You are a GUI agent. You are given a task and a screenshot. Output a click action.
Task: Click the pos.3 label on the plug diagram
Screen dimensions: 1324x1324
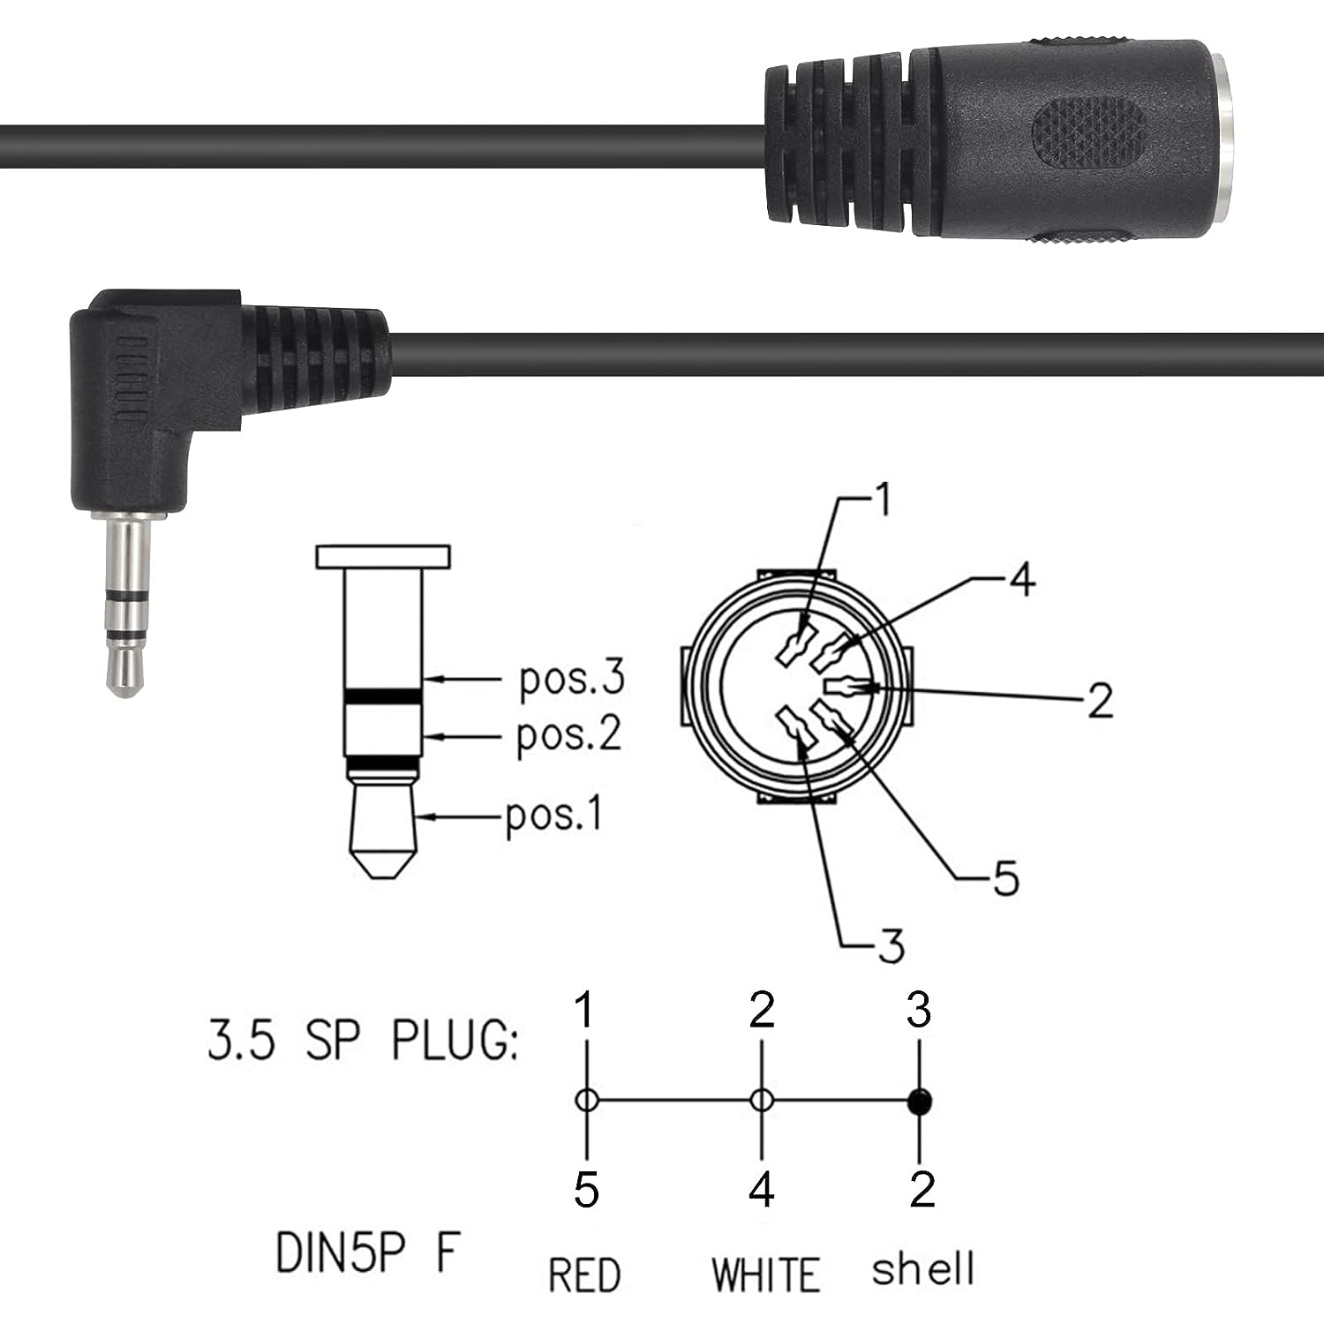coord(571,679)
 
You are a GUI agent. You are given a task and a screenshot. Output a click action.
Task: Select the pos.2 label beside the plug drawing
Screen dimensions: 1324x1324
coord(568,735)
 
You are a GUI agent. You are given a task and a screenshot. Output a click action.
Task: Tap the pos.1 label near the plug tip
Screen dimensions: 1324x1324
coord(553,814)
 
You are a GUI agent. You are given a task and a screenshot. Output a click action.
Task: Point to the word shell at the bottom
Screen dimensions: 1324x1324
coord(922,1269)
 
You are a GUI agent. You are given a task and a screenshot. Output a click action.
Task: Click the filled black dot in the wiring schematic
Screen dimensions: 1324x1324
coord(920,1101)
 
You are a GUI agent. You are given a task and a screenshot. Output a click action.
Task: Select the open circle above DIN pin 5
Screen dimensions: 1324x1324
coord(587,1101)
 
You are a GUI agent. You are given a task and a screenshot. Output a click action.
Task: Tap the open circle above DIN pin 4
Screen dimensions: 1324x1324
coord(762,1101)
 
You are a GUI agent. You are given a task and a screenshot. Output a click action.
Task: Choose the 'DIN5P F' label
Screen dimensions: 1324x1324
coord(367,1252)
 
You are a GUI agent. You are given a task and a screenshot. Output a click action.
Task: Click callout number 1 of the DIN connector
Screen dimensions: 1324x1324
coord(881,500)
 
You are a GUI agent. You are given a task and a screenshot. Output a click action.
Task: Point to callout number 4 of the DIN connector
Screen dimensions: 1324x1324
coord(1021,580)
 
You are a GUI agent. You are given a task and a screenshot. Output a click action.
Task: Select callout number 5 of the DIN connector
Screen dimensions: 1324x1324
coord(1005,878)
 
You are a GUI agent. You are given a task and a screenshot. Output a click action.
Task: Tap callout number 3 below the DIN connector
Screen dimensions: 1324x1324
coord(891,945)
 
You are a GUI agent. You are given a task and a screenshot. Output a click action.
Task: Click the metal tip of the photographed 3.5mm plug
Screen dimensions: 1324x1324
coord(124,671)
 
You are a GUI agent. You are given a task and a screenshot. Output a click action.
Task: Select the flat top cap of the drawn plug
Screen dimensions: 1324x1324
coord(383,557)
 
